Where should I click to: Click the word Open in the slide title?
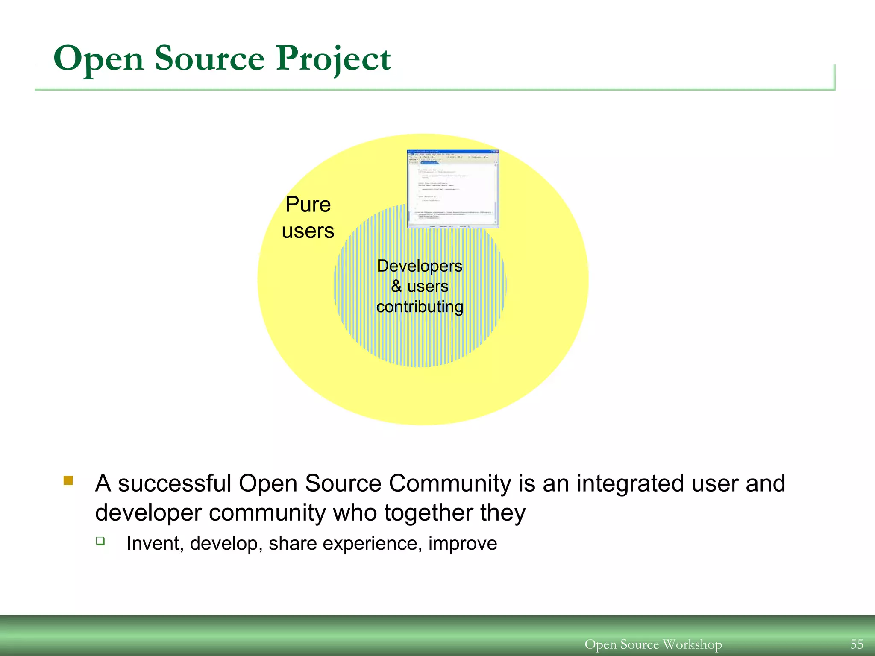[x=98, y=59]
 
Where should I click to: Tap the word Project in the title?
[x=333, y=59]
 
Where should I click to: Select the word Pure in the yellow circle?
[x=308, y=205]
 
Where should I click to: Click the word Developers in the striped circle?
[x=420, y=266]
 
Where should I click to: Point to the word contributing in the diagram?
[x=420, y=307]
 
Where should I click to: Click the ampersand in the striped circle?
[x=396, y=286]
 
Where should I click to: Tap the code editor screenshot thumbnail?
[x=453, y=189]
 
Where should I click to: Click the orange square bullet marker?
[x=68, y=481]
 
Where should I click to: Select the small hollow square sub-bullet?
[x=100, y=541]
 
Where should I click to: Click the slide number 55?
[x=857, y=644]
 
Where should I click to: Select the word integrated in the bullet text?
[x=630, y=484]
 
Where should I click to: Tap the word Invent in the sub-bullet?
[x=155, y=544]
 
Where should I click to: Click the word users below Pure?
[x=308, y=231]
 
